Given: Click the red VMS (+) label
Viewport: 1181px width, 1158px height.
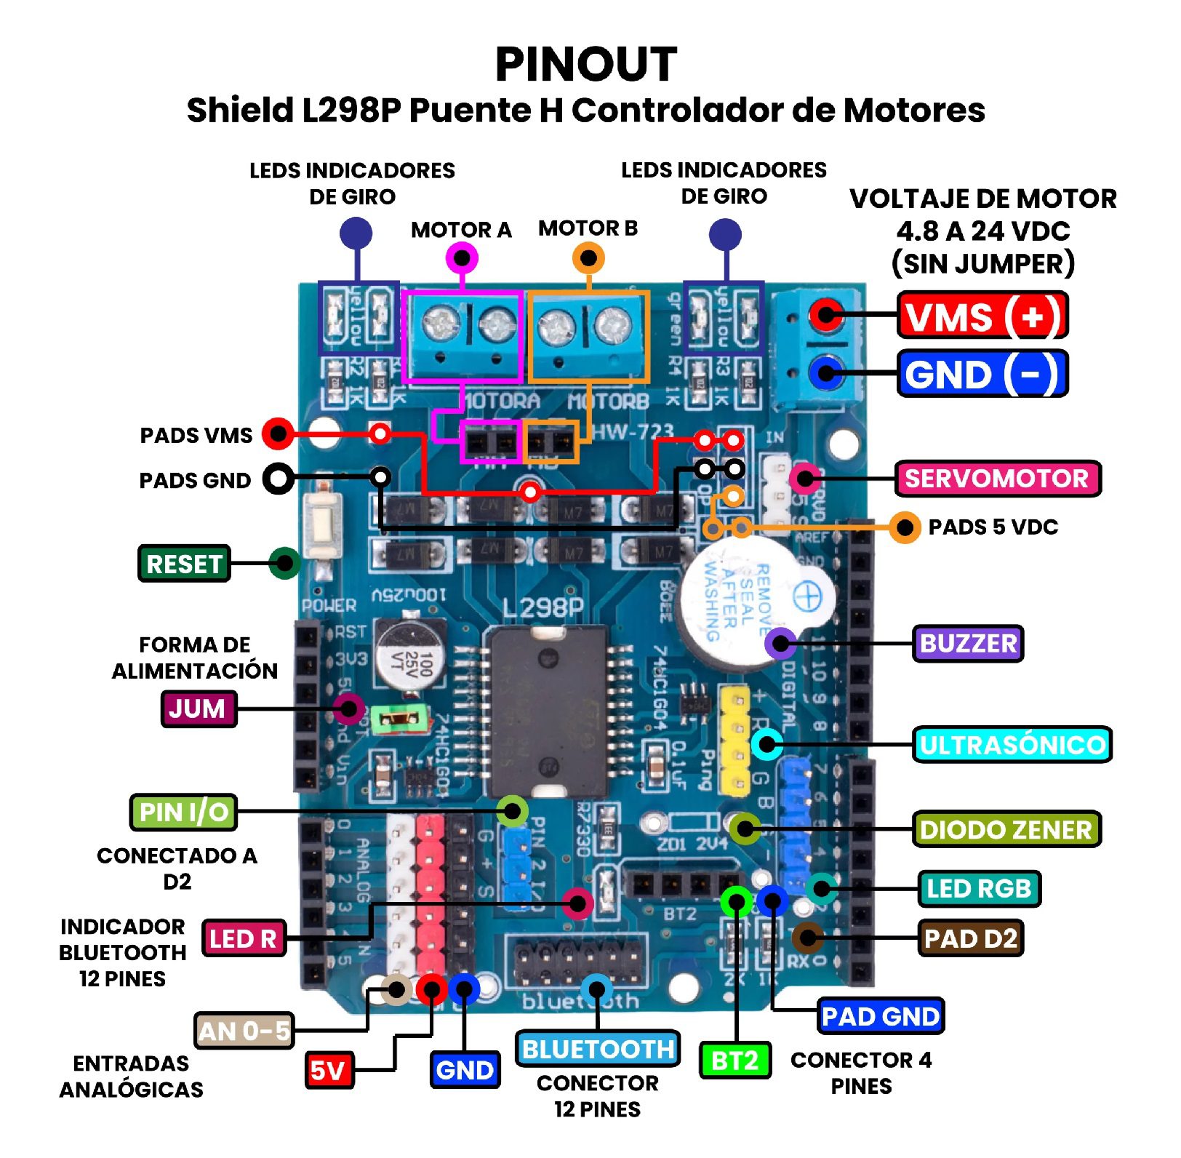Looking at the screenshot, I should coord(982,316).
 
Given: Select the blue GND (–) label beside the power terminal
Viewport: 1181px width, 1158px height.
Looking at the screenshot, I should coord(982,374).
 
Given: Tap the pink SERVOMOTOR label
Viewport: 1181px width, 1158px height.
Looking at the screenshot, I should coord(997,479).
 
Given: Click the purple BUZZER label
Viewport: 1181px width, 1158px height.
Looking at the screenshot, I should coord(968,643).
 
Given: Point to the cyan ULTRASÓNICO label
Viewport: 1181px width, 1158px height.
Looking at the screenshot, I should coord(1012,744).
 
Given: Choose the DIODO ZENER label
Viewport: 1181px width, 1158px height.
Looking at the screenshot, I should coord(1006,829).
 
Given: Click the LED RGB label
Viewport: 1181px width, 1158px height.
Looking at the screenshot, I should coord(979,888).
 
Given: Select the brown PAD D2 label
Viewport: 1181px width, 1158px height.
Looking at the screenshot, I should coord(970,938).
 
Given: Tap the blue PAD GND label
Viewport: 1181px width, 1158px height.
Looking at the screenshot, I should coord(881,1016).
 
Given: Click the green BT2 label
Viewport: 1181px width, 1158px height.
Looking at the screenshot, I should coord(734,1061).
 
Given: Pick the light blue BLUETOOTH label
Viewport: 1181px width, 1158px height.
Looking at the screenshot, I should coord(598,1049).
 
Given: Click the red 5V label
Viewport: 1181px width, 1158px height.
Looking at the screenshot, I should coord(328,1070).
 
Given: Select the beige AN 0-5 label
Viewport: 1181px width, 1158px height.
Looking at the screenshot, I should coord(244,1031).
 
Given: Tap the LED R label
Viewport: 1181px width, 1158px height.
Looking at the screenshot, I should coord(243,938).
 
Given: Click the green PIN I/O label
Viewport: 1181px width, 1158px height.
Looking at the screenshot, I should coord(183,812).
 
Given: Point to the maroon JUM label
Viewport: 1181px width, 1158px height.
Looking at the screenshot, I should coord(198,708).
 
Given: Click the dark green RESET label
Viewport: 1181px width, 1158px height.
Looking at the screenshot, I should coord(184,564).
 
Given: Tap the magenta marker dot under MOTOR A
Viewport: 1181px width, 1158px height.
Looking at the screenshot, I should coord(462,257).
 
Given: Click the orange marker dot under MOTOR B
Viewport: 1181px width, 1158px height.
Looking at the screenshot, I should coord(588,257).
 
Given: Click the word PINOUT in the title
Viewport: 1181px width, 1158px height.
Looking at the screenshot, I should coord(586,64).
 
